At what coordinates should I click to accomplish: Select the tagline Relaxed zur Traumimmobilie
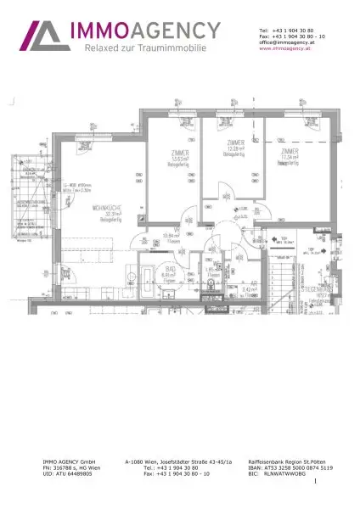pyautogui.click(x=144, y=49)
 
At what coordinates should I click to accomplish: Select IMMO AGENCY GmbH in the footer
pyautogui.click(x=70, y=461)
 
